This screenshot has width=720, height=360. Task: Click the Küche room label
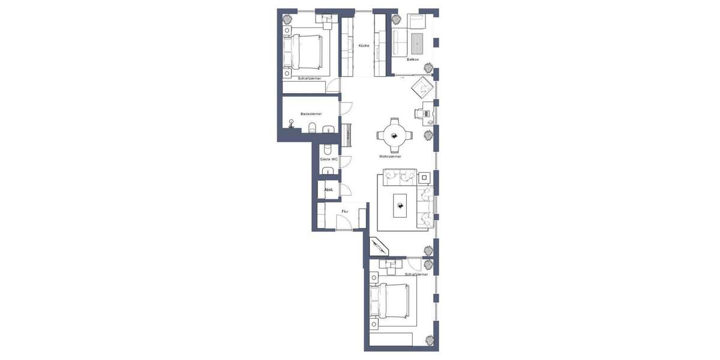364,46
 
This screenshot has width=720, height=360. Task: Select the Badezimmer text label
311,113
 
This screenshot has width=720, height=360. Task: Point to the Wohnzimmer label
390,157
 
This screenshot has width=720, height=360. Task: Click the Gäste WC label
328,160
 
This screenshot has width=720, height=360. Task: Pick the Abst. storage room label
328,190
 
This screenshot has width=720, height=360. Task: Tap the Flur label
345,211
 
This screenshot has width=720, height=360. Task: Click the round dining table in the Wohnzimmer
394,136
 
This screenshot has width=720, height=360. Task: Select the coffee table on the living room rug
400,205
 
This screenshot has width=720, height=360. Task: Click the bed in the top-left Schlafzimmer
306,52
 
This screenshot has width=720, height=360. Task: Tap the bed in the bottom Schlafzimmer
391,301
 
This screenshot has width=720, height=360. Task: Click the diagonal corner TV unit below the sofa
380,247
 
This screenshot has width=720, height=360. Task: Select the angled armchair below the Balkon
421,88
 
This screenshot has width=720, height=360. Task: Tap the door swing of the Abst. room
346,190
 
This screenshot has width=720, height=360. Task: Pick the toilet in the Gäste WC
328,148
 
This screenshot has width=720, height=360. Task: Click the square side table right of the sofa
424,177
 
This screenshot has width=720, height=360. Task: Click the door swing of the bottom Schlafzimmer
414,264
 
